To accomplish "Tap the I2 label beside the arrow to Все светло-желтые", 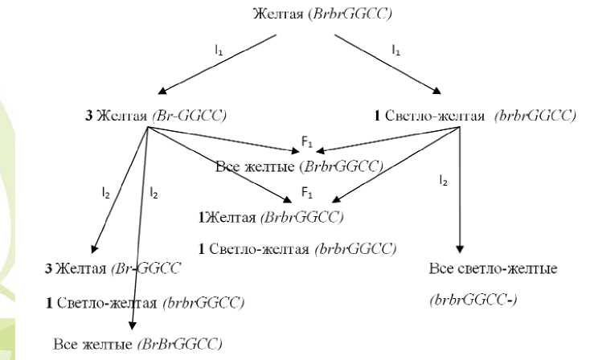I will pos(444,182).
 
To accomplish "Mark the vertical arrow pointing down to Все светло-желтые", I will pos(460,193).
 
